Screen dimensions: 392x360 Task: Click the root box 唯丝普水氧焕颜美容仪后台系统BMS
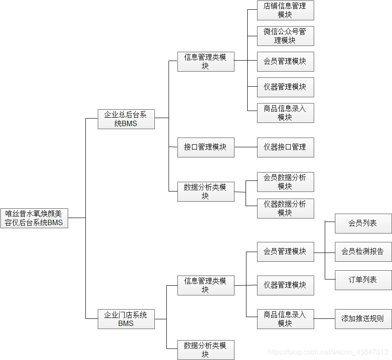coord(34,218)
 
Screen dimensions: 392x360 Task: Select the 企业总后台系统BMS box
coord(126,119)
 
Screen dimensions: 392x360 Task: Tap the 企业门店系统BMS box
coord(126,319)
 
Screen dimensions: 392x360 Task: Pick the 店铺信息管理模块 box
coord(285,10)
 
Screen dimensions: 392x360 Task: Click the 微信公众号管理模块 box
coord(285,36)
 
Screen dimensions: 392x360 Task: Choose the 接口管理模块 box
coord(206,147)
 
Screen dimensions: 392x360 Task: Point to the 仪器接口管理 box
coord(285,147)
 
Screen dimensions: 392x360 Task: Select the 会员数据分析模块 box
coord(285,182)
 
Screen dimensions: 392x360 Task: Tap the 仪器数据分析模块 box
coord(285,208)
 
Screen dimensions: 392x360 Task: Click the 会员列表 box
coord(363,223)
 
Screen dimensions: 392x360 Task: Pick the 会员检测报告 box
coord(363,252)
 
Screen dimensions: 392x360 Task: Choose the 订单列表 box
coord(363,280)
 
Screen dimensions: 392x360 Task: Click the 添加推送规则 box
coord(363,319)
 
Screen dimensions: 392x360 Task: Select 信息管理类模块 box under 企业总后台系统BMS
coord(206,61)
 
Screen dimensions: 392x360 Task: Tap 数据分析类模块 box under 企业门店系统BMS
coord(206,350)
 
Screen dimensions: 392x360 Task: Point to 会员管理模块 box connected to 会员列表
coord(285,252)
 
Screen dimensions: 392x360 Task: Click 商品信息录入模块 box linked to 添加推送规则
coord(285,319)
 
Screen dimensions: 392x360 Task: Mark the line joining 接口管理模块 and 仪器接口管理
coord(246,147)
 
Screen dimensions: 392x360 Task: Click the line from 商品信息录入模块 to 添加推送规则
coord(324,319)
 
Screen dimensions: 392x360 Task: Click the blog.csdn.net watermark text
coord(328,352)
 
